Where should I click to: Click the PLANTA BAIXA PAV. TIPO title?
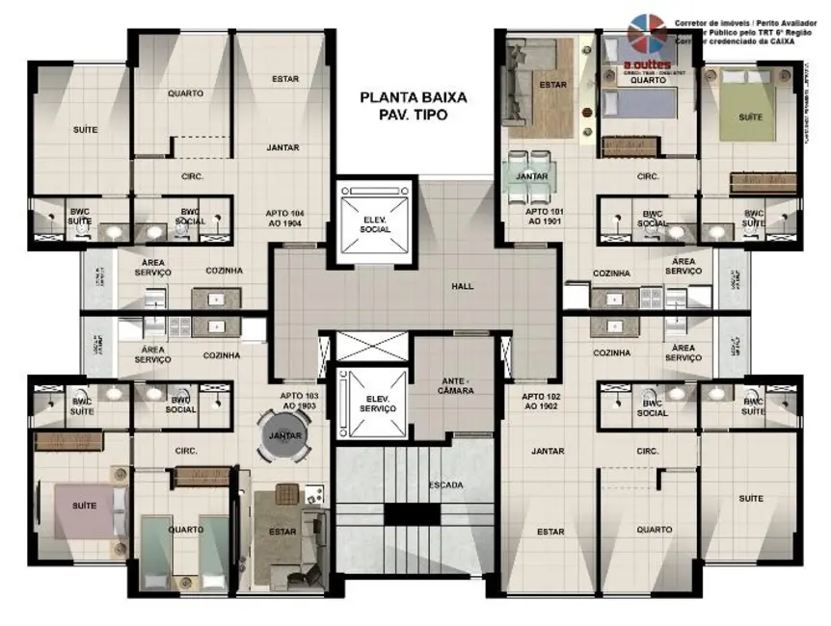pyautogui.click(x=413, y=105)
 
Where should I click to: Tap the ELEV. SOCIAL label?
pyautogui.click(x=375, y=225)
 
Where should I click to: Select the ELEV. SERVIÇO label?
pyautogui.click(x=375, y=404)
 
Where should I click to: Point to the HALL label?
pyautogui.click(x=463, y=286)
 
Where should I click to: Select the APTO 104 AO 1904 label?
pyautogui.click(x=284, y=217)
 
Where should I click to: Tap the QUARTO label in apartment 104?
pyautogui.click(x=184, y=93)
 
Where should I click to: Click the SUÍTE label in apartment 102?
pyautogui.click(x=751, y=498)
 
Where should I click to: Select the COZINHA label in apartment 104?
pyautogui.click(x=223, y=271)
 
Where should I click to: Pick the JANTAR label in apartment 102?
pyautogui.click(x=548, y=450)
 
